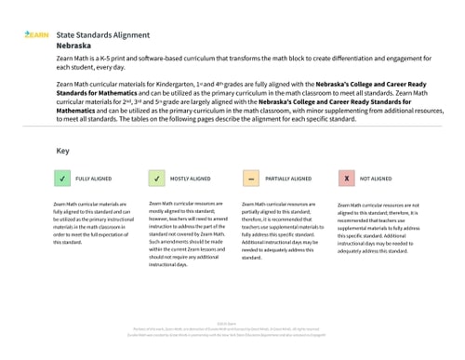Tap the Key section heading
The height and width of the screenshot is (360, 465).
click(x=62, y=151)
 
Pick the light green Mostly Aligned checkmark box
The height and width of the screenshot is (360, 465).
click(x=156, y=178)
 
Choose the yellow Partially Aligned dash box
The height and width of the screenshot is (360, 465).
click(x=250, y=178)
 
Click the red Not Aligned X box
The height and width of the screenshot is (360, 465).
click(x=346, y=178)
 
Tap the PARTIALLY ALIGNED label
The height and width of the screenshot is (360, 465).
click(x=289, y=178)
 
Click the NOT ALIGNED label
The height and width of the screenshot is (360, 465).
click(x=376, y=178)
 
